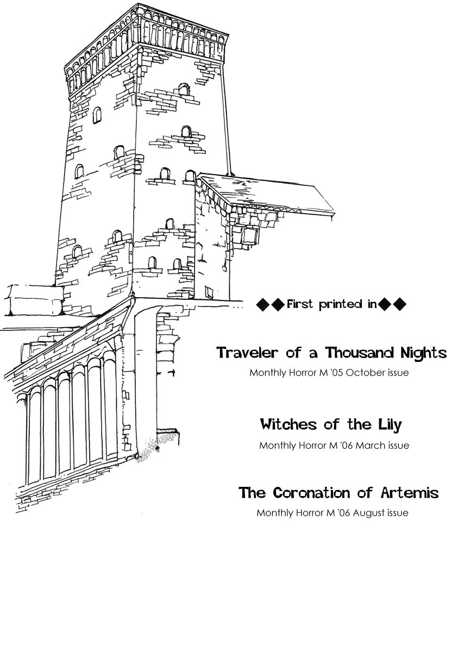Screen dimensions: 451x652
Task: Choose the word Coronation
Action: tap(311, 493)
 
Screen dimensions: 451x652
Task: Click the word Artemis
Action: tap(409, 493)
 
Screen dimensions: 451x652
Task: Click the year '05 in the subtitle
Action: tap(336, 373)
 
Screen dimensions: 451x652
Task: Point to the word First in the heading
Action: tap(300, 304)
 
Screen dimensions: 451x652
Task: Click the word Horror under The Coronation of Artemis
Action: tap(310, 513)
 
